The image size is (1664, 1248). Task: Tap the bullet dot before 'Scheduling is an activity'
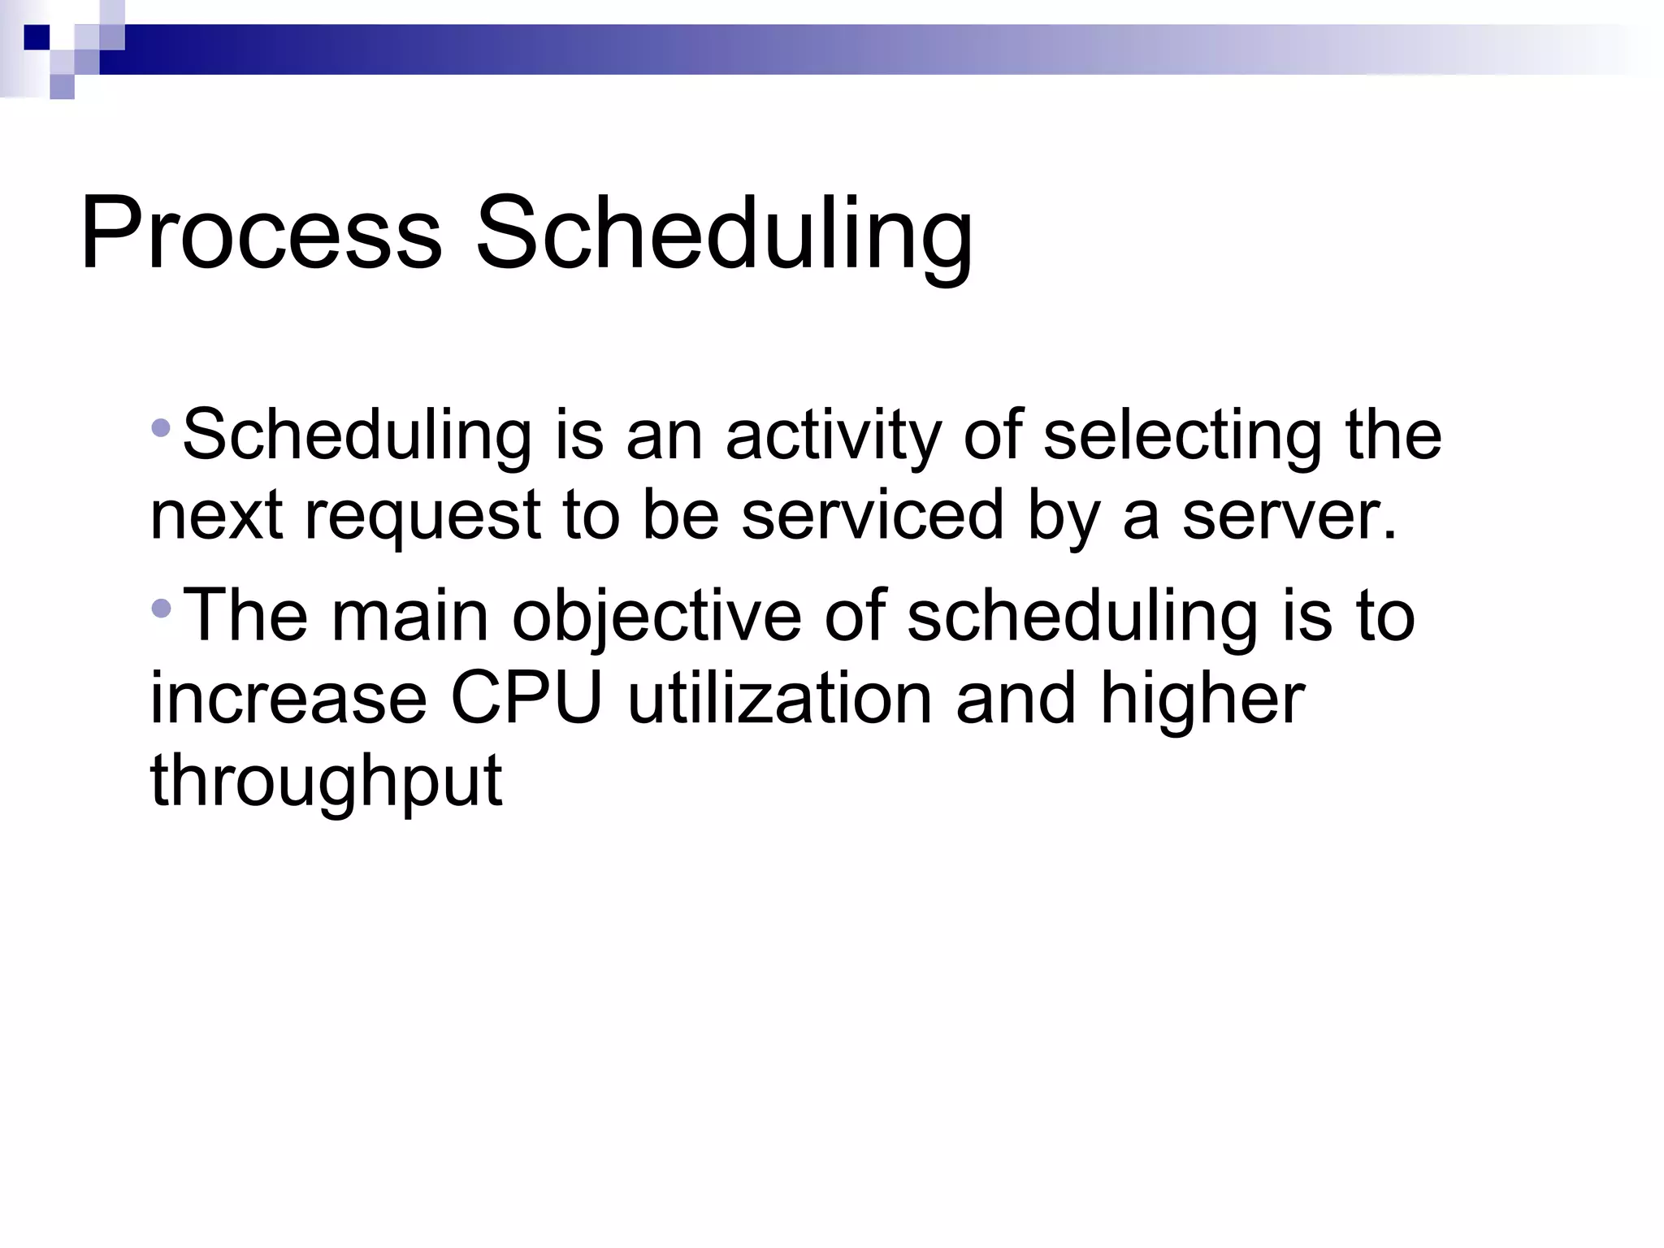click(161, 427)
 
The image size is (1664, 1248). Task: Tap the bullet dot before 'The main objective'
click(161, 607)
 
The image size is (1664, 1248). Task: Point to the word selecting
click(1182, 436)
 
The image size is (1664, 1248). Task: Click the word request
click(422, 518)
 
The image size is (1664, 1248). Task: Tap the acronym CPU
click(526, 698)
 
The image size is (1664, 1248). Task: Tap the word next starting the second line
click(215, 518)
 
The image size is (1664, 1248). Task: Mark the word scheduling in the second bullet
click(1081, 617)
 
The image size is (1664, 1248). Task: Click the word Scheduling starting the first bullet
click(357, 436)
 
